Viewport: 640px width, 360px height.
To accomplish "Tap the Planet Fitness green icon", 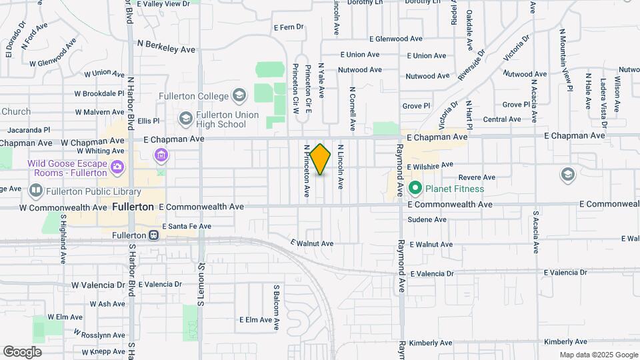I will click(415, 189).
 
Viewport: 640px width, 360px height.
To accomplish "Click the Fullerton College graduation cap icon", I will click(239, 96).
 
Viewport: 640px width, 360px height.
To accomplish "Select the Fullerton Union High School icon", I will click(186, 119).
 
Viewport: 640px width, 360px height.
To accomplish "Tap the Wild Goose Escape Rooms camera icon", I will click(117, 165).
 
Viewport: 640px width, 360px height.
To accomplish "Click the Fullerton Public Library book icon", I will click(36, 191).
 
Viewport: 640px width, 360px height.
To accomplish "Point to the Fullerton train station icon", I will click(154, 235).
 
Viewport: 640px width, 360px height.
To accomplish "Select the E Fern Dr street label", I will click(289, 27).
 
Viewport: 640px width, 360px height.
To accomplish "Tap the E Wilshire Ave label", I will click(430, 164).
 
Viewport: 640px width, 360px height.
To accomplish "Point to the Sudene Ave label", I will click(427, 219).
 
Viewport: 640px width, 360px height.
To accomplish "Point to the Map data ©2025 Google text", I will click(598, 355).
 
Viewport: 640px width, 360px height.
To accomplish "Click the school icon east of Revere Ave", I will click(567, 174).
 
